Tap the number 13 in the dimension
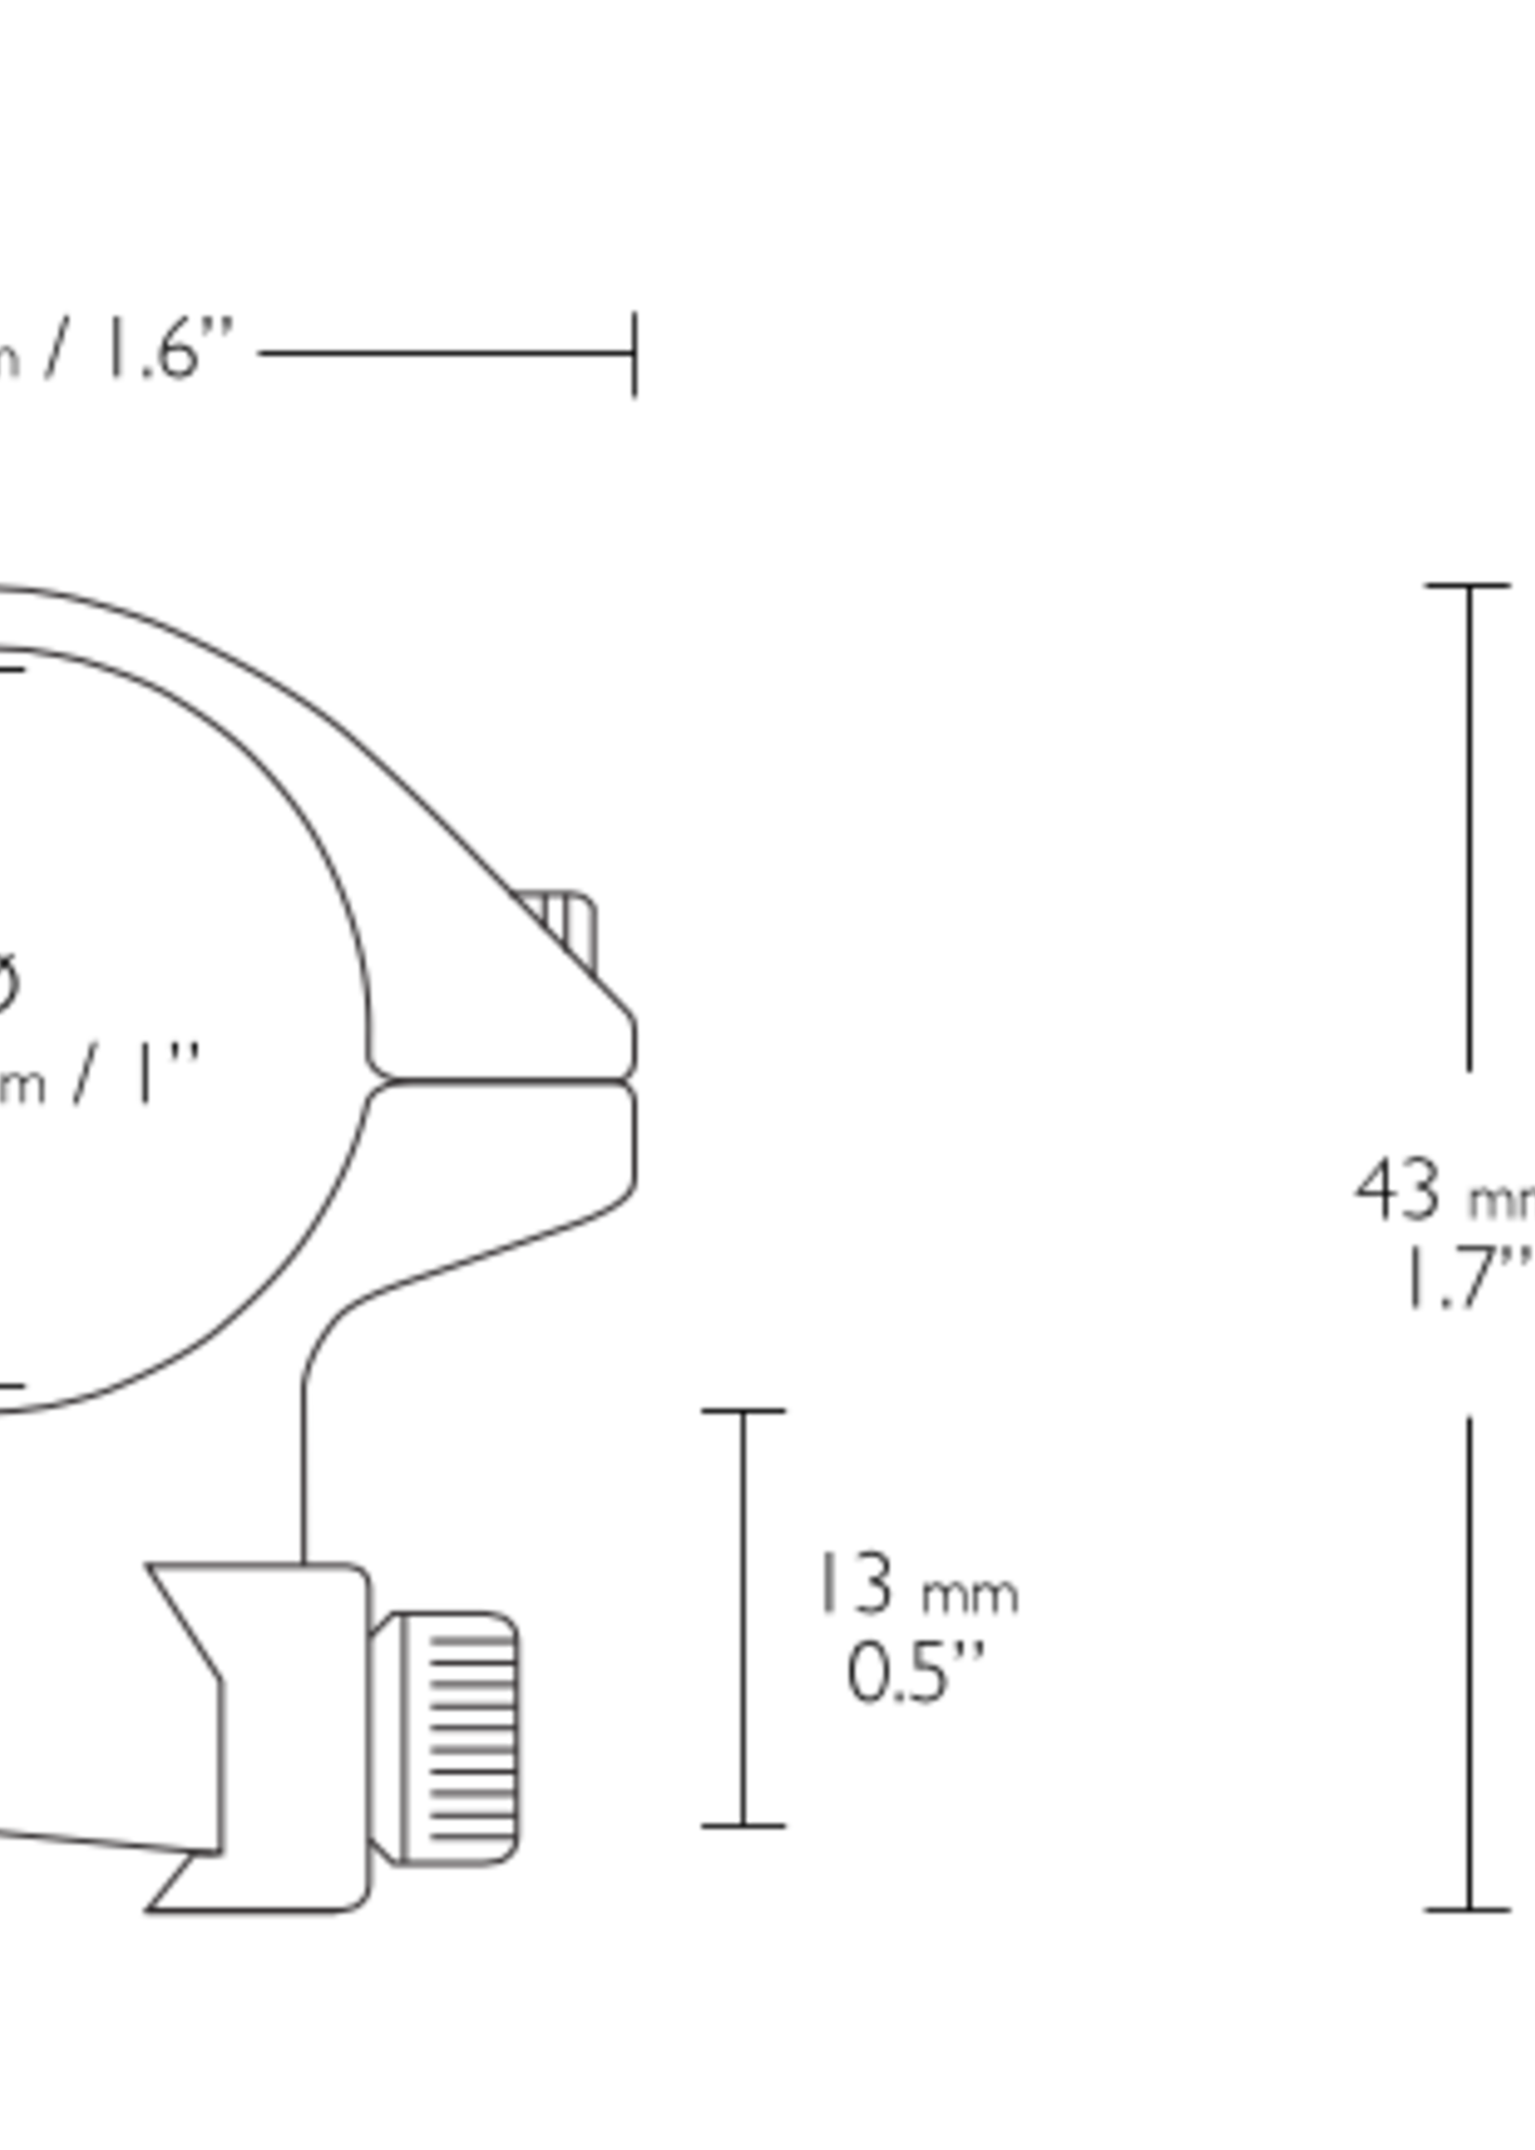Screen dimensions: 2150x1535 (x=857, y=1583)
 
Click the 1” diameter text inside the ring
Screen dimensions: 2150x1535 (x=151, y=1075)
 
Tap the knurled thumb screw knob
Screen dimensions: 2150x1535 (x=459, y=1738)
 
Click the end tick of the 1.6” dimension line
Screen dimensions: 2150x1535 (x=636, y=353)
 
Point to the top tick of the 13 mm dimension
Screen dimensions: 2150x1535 (x=743, y=1411)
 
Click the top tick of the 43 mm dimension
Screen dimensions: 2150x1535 (x=1468, y=587)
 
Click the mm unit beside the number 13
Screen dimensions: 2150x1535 (x=970, y=1596)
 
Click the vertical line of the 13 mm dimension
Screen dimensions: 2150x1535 (x=743, y=1616)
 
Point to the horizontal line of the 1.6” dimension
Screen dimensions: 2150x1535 (x=444, y=353)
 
